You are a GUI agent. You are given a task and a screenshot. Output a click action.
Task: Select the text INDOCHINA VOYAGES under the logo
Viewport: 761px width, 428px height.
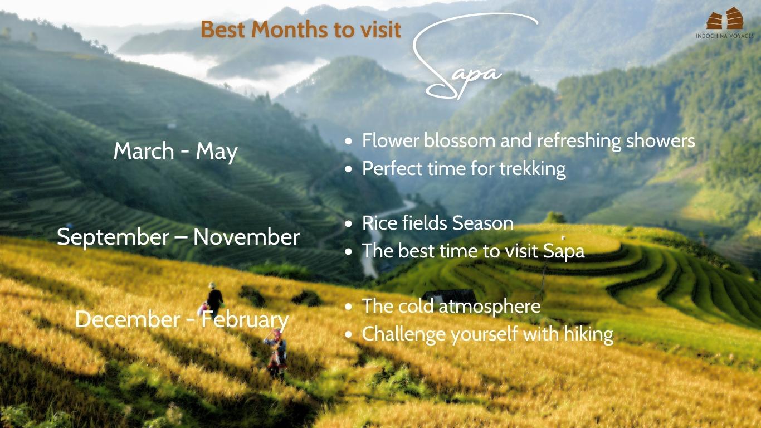(x=725, y=36)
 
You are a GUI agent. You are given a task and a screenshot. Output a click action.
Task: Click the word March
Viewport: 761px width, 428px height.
(x=144, y=150)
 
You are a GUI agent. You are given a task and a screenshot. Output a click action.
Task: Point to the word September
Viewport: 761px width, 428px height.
(x=113, y=237)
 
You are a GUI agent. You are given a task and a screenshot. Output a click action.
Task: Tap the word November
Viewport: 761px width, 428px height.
(x=246, y=237)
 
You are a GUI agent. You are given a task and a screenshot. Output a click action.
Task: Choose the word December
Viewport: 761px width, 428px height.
(x=128, y=319)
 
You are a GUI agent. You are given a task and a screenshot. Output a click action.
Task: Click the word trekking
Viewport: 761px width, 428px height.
(x=533, y=169)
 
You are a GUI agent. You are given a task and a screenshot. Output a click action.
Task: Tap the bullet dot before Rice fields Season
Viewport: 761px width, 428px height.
(x=348, y=224)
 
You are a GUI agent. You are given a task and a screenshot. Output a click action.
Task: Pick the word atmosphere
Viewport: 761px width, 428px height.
(x=490, y=307)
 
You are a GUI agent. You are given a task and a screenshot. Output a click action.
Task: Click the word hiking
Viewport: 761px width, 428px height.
(x=588, y=334)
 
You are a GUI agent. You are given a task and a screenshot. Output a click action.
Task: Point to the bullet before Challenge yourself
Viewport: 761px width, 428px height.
(x=348, y=335)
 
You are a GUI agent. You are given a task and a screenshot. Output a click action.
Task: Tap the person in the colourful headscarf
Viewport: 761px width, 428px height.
(x=277, y=353)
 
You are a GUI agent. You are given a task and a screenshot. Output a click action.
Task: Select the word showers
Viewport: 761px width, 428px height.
(x=660, y=140)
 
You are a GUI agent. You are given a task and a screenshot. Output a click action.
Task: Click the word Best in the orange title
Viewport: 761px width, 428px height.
(x=222, y=29)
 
